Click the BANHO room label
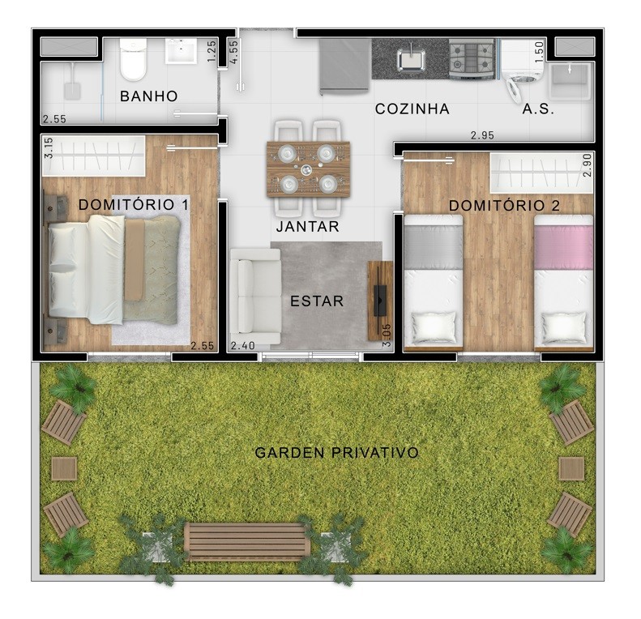149,96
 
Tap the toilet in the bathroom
133,60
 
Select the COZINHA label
412,109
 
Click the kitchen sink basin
411,61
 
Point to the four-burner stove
472,58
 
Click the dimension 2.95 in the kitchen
482,135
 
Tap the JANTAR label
308,227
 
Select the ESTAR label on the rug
317,301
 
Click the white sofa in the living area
255,297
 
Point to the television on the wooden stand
380,301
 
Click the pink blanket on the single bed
564,247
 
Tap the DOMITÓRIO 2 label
504,206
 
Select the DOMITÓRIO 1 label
134,204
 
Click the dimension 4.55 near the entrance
234,52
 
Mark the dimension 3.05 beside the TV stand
387,335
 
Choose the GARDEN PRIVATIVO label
336,453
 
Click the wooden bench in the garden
247,541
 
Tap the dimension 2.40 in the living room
243,346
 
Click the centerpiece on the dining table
306,169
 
